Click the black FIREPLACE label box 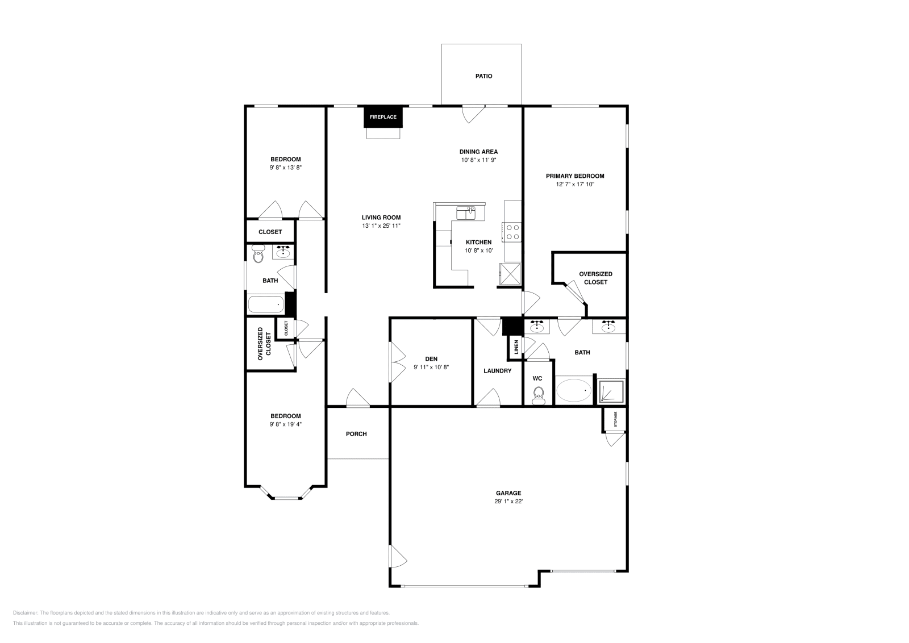pyautogui.click(x=383, y=117)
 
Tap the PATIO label pyautogui.click(x=483, y=76)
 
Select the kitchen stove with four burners pyautogui.click(x=512, y=232)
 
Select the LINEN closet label pyautogui.click(x=516, y=347)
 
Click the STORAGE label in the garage pyautogui.click(x=615, y=419)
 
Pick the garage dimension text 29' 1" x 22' pyautogui.click(x=508, y=502)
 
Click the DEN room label pyautogui.click(x=431, y=359)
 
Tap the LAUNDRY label pyautogui.click(x=498, y=371)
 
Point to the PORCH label pyautogui.click(x=356, y=434)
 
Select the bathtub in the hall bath pyautogui.click(x=266, y=304)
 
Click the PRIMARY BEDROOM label pyautogui.click(x=575, y=176)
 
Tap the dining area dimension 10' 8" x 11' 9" pyautogui.click(x=479, y=160)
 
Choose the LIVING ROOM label pyautogui.click(x=381, y=218)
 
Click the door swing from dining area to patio pyautogui.click(x=472, y=115)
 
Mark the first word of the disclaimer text pyautogui.click(x=26, y=613)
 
